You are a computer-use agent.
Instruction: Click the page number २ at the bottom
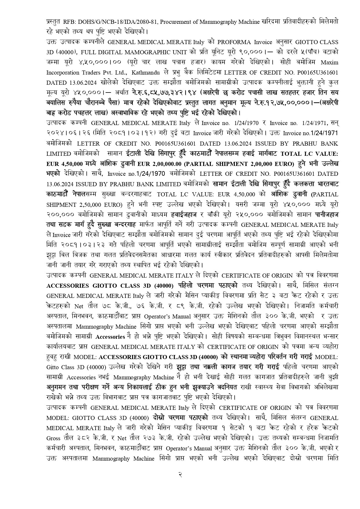click(180, 475)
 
